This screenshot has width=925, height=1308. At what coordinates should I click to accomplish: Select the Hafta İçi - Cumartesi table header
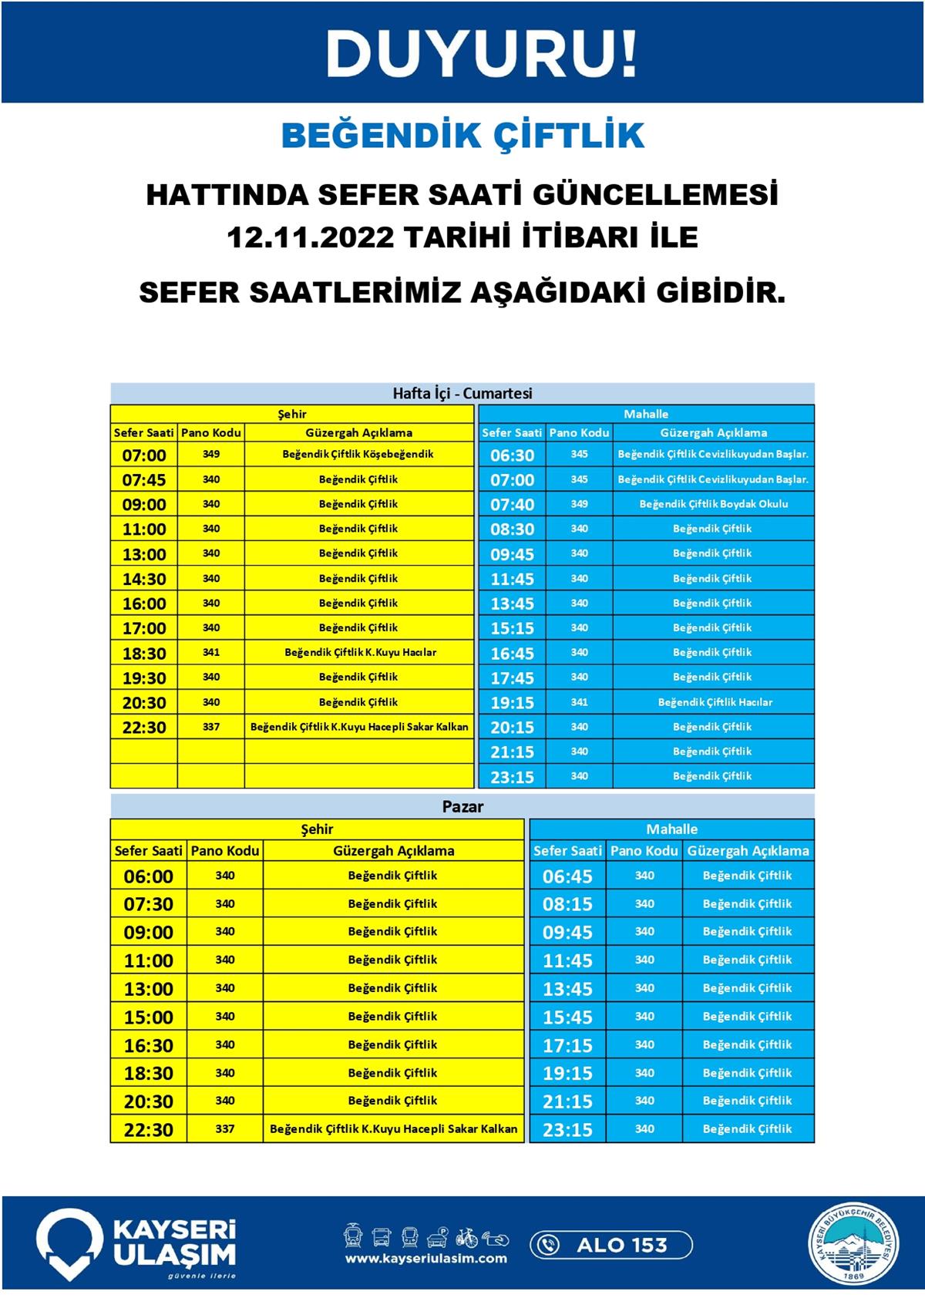462,393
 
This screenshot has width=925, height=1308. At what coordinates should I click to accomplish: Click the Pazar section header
462,807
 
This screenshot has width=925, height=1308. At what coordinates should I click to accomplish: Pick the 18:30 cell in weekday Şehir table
144,653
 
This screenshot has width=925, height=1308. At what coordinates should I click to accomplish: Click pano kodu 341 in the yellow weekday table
211,652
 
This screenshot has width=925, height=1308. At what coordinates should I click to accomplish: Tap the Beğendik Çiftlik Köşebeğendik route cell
358,454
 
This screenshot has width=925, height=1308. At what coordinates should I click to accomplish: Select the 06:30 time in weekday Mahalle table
512,455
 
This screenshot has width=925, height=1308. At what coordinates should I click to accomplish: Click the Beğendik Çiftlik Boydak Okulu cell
713,504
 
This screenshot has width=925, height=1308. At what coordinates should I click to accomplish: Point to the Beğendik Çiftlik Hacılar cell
715,702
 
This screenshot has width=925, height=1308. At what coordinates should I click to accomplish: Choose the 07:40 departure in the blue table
512,504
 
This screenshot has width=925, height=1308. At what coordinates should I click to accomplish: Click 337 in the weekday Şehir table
211,727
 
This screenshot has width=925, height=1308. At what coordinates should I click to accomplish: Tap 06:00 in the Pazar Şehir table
148,876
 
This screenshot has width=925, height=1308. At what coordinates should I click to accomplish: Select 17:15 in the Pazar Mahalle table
567,1045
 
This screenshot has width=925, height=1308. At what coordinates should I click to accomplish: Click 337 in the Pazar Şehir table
225,1129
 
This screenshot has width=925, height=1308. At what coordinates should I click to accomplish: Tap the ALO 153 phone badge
610,1245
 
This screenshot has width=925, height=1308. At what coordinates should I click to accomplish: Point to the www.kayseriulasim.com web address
425,1259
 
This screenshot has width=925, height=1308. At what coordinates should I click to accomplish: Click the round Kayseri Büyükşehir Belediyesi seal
853,1244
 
